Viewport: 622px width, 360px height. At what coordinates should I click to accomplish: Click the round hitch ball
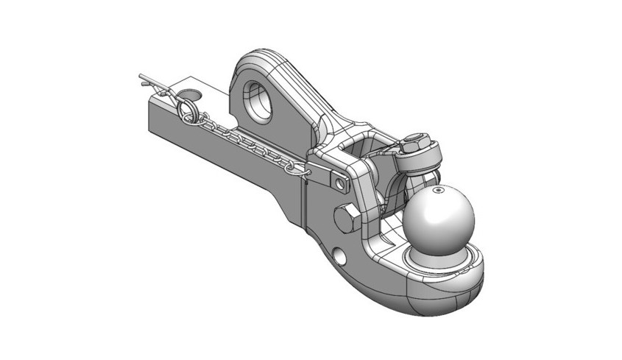coord(440,217)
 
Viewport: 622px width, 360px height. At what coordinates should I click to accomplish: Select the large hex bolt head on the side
coord(346,219)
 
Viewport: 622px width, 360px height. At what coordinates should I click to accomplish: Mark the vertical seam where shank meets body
coord(302,199)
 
